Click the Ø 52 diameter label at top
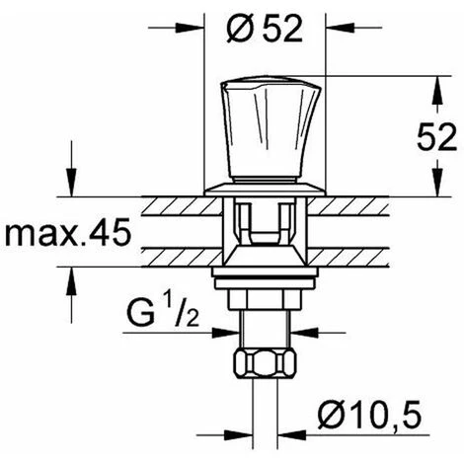(265, 29)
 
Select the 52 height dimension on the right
(437, 137)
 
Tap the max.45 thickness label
(68, 233)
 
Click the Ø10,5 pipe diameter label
(369, 415)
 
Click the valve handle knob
(270, 130)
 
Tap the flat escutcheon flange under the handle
(265, 190)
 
